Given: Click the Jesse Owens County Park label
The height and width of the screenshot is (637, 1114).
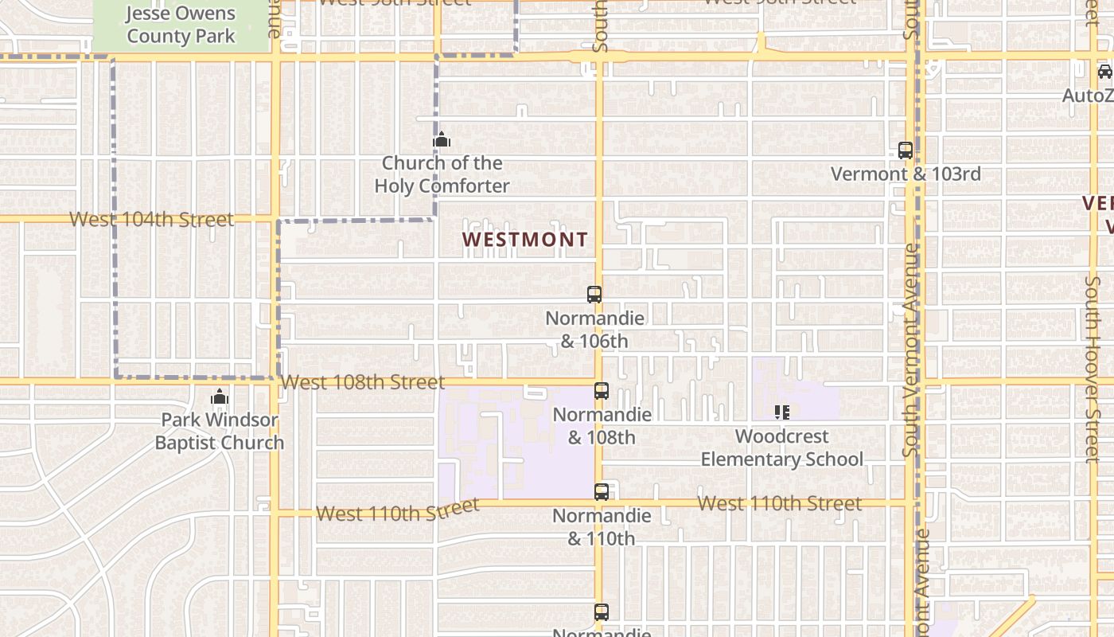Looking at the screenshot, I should point(181,25).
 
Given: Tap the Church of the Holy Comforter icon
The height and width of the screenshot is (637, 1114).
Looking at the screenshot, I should point(442,140).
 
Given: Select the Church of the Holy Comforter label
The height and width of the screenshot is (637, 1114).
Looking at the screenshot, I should point(442,174).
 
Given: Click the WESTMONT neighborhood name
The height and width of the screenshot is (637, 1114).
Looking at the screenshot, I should point(525,239).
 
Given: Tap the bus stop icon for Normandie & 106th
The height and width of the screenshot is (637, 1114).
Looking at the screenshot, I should point(594,294).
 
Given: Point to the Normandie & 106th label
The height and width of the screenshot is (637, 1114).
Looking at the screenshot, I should point(594,330).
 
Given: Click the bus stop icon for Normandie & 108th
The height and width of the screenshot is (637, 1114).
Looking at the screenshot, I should point(602,391).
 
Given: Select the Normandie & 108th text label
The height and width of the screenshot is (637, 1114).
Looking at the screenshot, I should point(602,426).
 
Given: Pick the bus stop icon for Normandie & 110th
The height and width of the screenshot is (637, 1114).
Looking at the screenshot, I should point(602,492).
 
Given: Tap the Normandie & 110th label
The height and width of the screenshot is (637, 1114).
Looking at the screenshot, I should point(602,527).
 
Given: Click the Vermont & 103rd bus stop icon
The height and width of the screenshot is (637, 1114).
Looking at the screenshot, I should point(906,150).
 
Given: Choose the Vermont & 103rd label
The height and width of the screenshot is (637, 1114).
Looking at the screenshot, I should point(906,174).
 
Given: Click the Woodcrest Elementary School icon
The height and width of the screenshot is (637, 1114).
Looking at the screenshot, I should point(782,412).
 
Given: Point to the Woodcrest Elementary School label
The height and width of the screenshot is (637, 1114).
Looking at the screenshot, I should point(782,447).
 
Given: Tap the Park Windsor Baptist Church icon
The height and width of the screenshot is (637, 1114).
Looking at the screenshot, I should point(220,397).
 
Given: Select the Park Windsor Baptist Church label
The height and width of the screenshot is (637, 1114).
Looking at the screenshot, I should point(220,432).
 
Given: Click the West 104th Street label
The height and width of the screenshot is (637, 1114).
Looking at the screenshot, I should point(151,219).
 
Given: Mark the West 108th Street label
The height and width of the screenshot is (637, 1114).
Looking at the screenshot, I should point(363,382).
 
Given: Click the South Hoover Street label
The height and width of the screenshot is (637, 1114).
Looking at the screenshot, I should point(1093,370).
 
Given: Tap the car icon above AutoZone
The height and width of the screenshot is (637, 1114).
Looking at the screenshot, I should point(1104,72).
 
